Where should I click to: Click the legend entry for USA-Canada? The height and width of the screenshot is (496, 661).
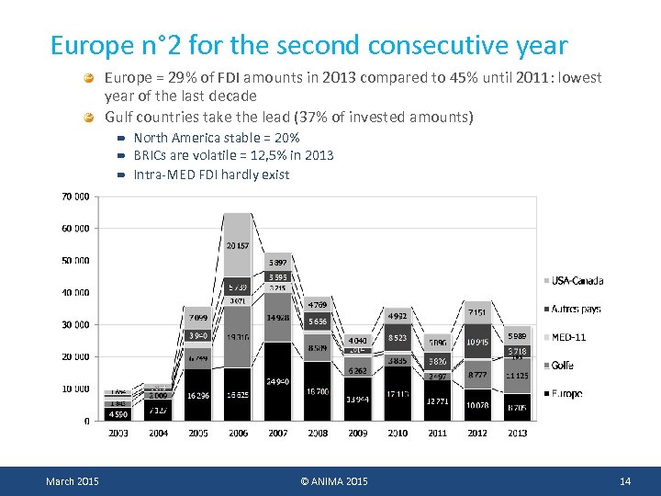577,281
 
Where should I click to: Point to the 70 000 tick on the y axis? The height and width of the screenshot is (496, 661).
76,197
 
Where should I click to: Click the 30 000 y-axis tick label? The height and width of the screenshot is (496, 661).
76,325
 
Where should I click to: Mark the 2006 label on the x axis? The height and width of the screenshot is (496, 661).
238,433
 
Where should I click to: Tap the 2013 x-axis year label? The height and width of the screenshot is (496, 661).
518,433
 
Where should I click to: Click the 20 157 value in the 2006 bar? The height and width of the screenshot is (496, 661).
238,246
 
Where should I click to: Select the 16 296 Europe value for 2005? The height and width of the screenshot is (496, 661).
198,396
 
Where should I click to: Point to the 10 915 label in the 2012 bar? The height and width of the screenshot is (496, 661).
477,342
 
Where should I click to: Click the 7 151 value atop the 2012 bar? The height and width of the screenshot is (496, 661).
477,313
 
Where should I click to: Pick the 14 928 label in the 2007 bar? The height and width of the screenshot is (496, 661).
278,319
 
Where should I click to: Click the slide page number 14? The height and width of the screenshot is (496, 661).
625,482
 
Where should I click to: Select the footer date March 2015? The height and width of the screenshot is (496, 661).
73,482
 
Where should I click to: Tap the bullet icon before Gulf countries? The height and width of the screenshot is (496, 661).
89,118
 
